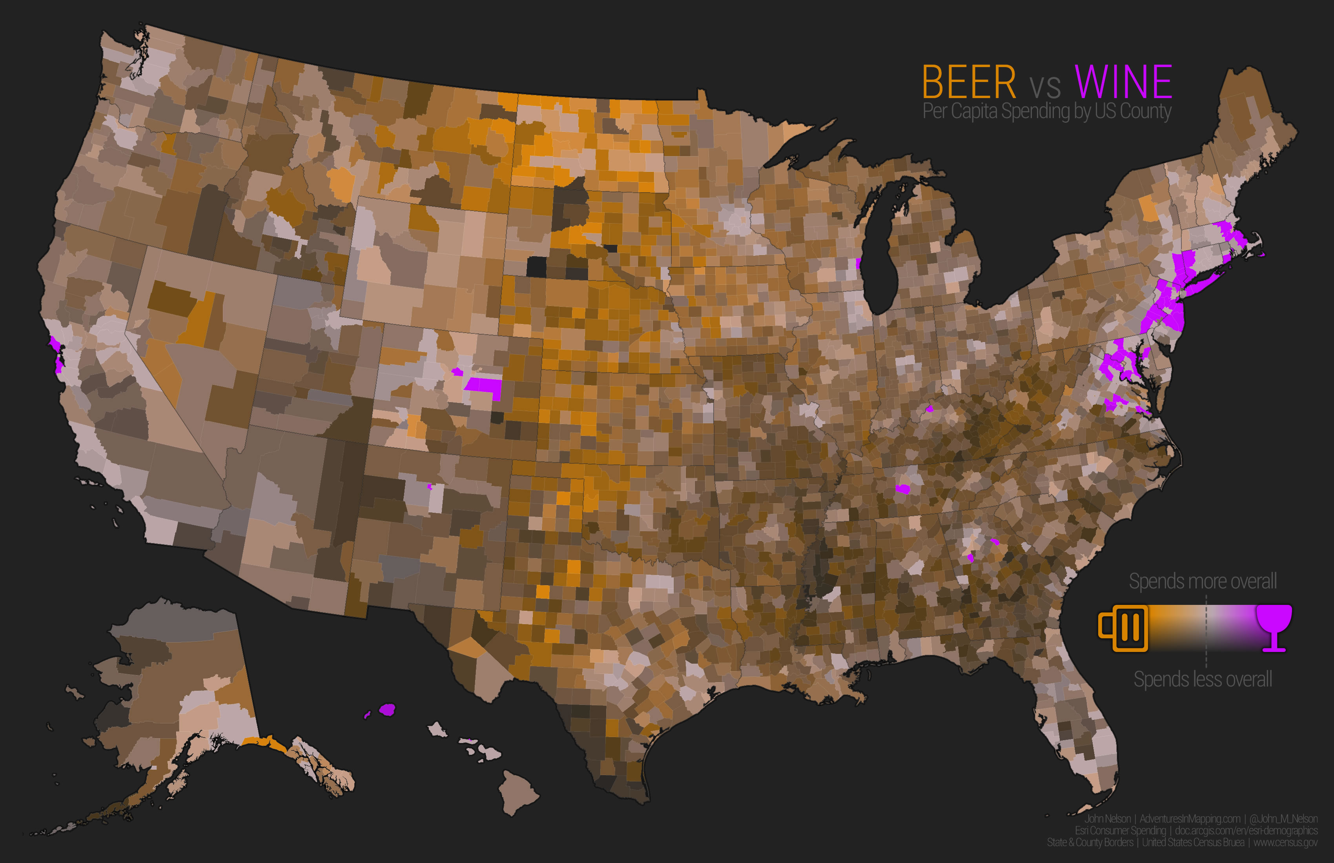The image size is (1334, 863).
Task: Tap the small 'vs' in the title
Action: coord(1045,87)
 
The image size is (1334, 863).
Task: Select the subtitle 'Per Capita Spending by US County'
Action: coord(1046,111)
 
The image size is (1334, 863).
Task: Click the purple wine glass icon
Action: coord(1274,627)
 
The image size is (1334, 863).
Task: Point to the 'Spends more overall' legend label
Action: coord(1202,581)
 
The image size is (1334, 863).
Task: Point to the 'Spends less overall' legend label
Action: coord(1202,679)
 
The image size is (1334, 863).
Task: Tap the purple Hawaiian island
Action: coord(387,710)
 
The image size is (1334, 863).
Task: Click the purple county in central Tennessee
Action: coord(902,489)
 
